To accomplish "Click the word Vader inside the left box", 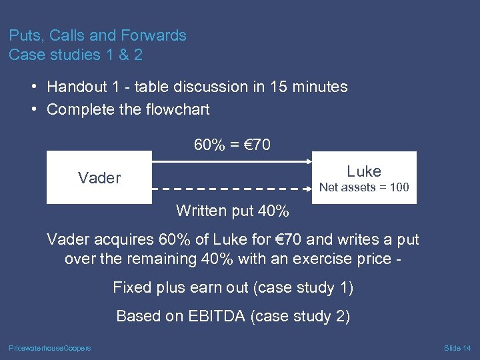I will point(99,178).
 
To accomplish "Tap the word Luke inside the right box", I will point(364,171).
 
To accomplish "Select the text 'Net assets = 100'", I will point(364,187).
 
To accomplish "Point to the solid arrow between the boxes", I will point(232,161).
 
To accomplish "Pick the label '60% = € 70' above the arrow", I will point(232,145).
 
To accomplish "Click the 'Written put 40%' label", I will point(233,211).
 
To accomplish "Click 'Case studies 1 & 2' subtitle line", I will point(75,55).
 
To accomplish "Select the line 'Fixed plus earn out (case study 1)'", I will point(233,287).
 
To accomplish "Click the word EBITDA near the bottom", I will point(213,316).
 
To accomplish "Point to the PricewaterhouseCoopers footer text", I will point(50,348).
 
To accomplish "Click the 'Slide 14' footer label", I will point(457,348).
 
